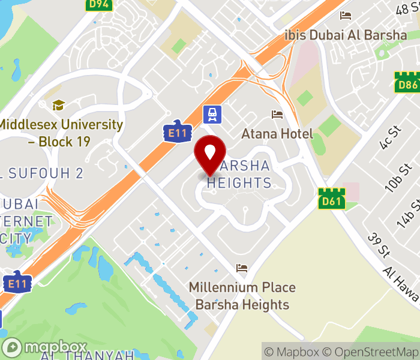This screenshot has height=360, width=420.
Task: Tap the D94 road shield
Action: pos(100,5)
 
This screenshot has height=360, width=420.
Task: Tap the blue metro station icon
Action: pos(212,112)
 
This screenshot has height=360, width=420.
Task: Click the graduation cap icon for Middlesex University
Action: pos(58,105)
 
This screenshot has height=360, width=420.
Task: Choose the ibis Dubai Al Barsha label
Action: pos(346,35)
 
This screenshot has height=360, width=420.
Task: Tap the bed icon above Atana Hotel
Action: pos(277,114)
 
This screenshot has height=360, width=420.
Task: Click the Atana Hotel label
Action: pos(277,133)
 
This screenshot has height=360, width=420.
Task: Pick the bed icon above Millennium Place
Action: pos(242,268)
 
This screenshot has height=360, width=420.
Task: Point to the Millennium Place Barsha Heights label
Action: pos(239,296)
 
